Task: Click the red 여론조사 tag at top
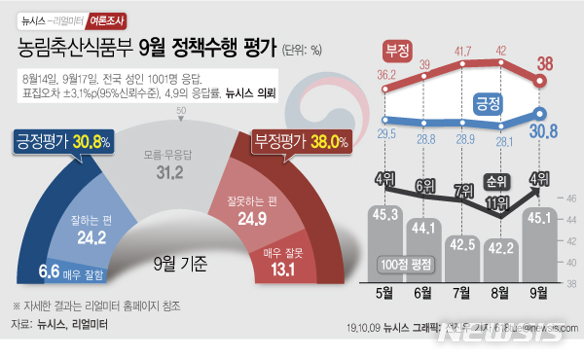point(105,18)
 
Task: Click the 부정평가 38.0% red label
point(301,142)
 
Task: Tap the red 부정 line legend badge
point(397,50)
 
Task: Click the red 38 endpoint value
point(546,64)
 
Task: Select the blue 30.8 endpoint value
point(543,129)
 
